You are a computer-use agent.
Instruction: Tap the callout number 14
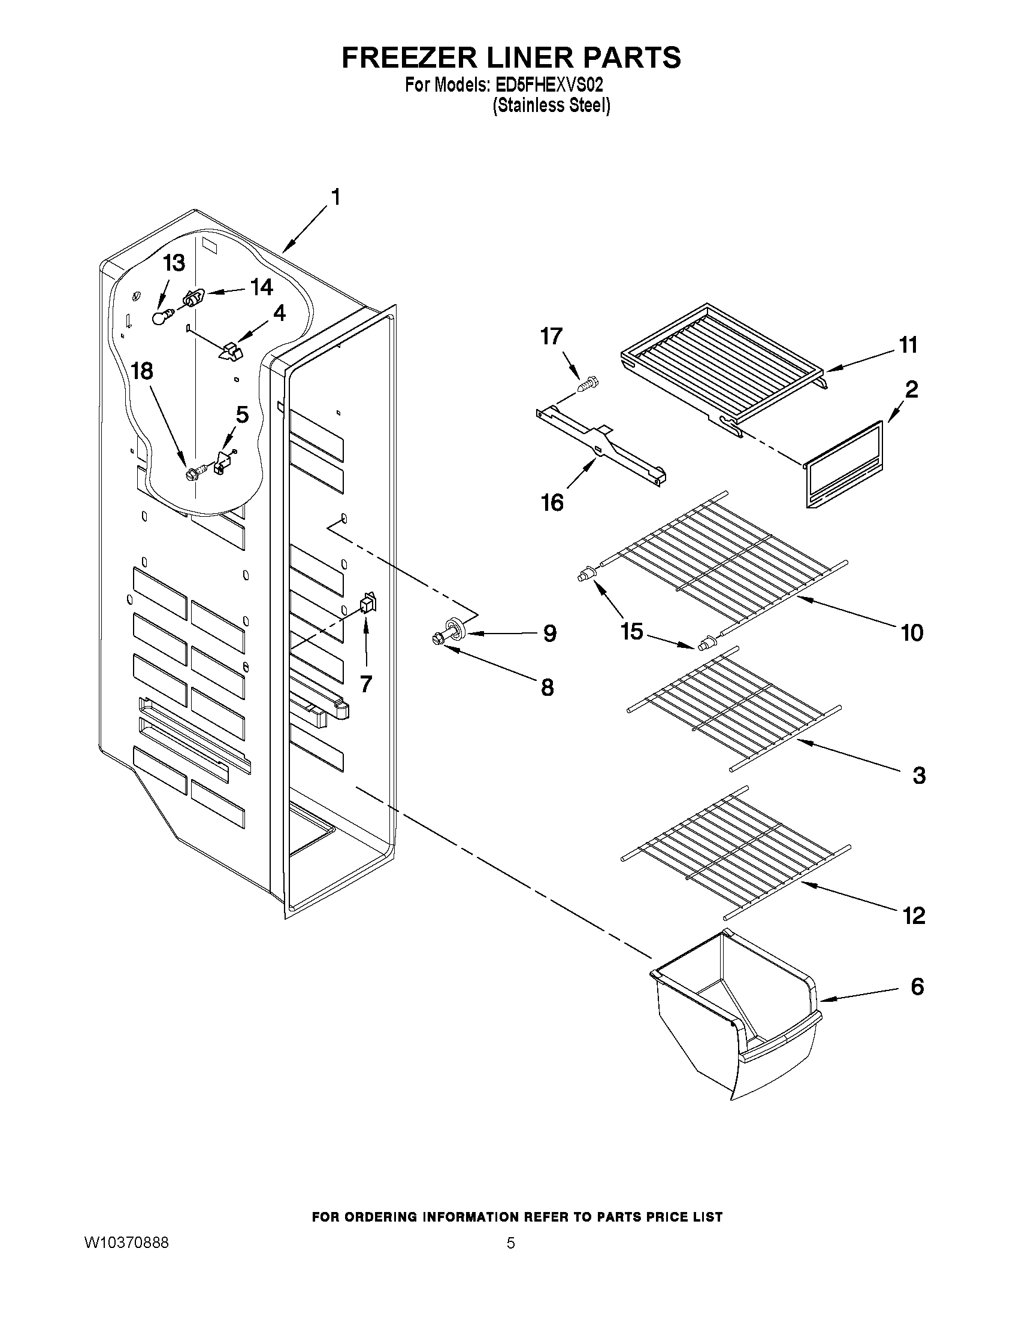point(262,287)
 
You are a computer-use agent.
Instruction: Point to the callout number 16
point(552,502)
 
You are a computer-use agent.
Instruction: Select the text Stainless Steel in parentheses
point(551,105)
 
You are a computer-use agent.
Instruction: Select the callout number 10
point(912,632)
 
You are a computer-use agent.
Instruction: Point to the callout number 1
point(335,198)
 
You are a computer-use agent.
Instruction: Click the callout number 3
point(919,775)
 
